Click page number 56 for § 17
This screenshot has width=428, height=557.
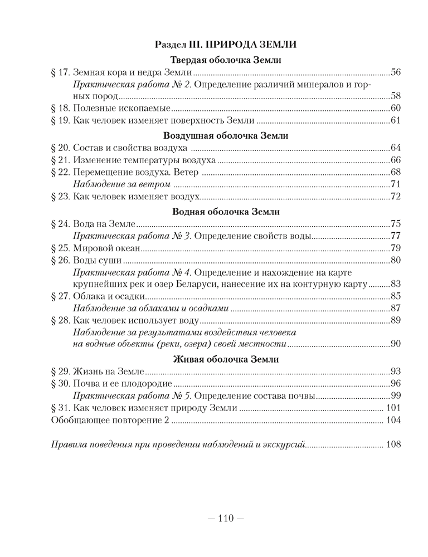[396, 72]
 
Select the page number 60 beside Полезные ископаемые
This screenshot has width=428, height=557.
[396, 108]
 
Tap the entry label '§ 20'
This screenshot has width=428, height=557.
[59, 148]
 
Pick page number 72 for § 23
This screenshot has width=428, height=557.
[396, 196]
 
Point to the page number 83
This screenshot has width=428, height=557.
[396, 284]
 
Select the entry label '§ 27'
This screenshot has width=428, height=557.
[59, 296]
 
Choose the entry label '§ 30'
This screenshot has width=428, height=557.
[59, 383]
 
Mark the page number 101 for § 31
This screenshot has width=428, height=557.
[393, 408]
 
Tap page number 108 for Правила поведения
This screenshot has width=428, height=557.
[393, 445]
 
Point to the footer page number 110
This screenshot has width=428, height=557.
[225, 518]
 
